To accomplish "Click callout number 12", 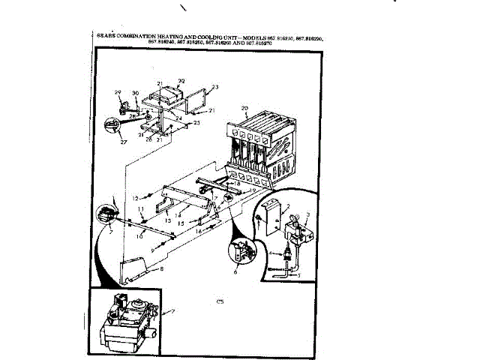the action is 135,197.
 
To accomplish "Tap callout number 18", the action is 238,183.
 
